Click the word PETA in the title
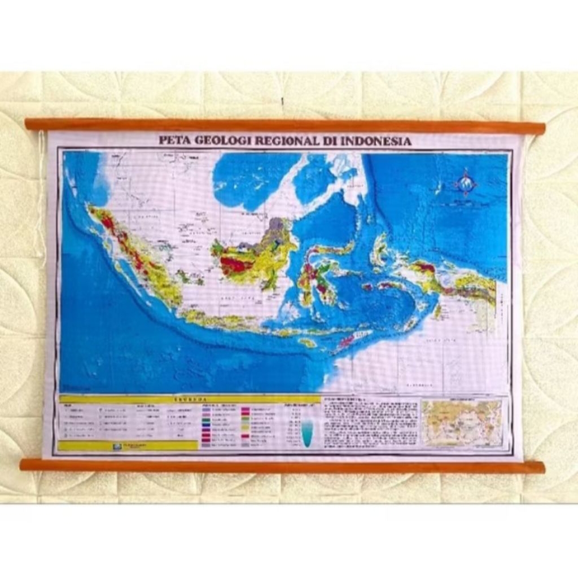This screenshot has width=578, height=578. (x=174, y=141)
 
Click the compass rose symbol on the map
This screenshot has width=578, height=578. (x=466, y=183)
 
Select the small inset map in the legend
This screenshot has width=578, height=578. (x=462, y=423)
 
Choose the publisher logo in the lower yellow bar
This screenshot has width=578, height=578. (x=117, y=446)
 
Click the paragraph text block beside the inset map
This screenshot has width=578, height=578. (x=370, y=423)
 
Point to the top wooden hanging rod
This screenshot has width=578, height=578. (x=285, y=125)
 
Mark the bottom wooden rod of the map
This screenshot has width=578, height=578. (x=282, y=466)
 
